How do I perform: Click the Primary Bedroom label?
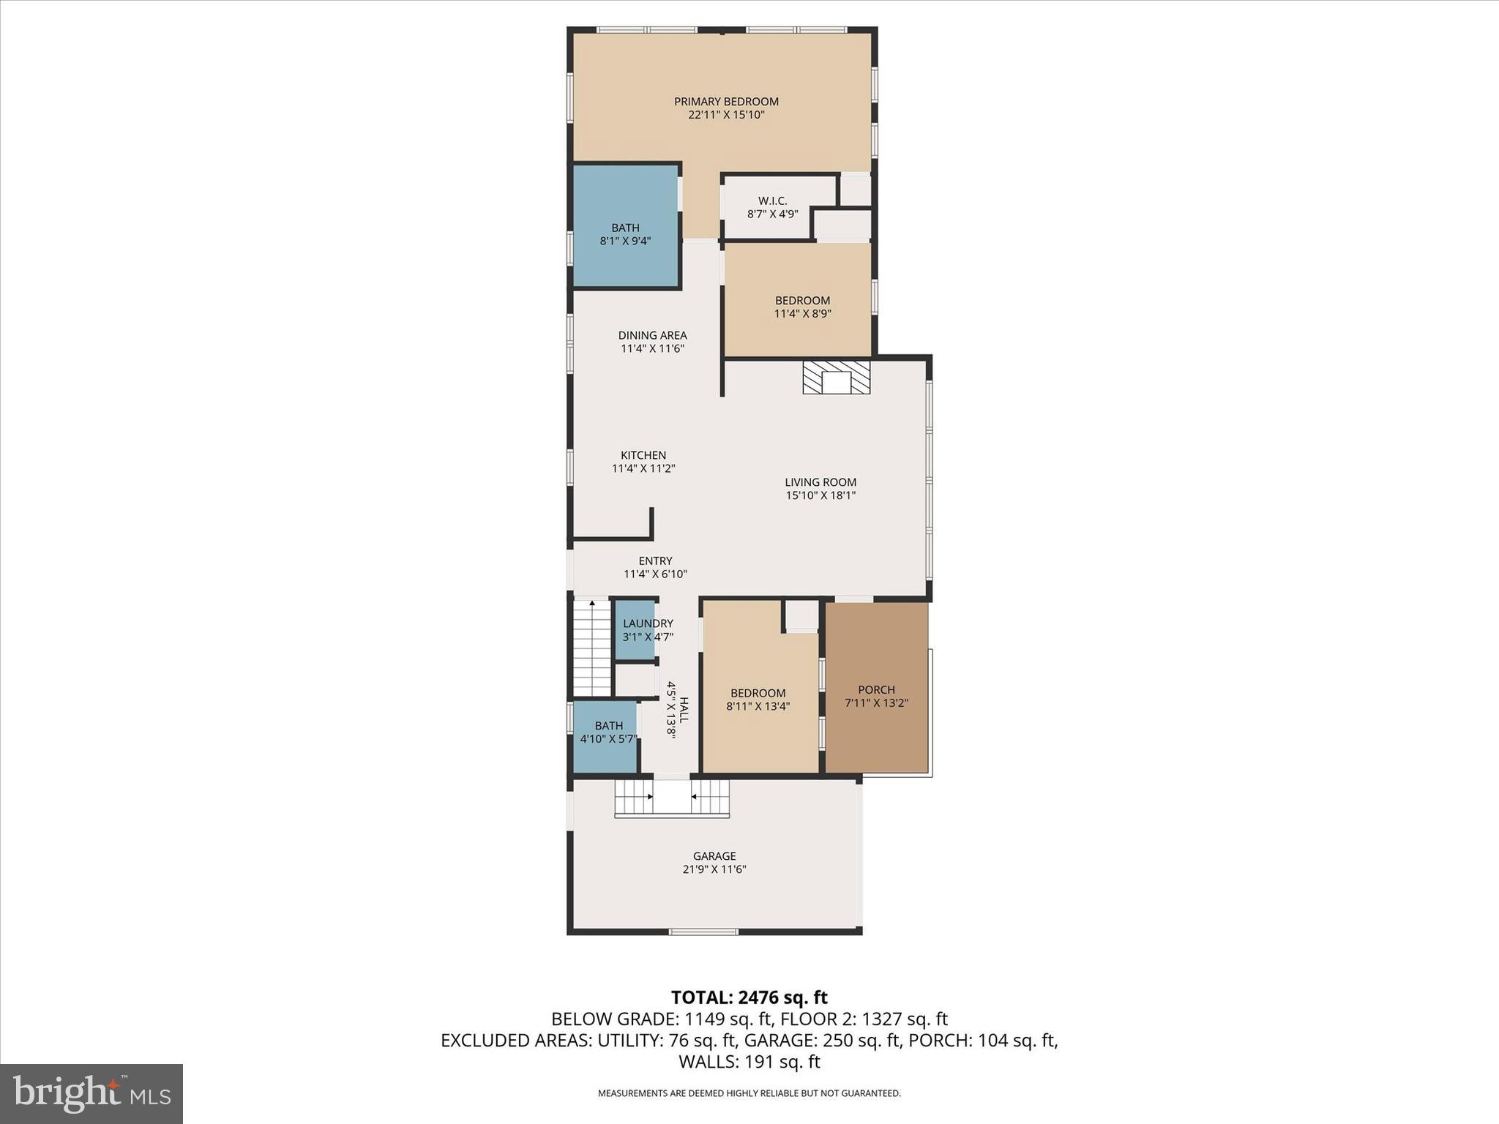click(726, 102)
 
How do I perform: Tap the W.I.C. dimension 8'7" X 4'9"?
click(772, 214)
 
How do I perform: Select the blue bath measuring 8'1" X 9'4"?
click(625, 227)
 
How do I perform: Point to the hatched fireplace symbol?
click(837, 377)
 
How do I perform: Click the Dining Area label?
click(652, 336)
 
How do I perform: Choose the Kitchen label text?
click(643, 455)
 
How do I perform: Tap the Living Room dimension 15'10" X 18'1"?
click(820, 495)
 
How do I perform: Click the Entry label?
click(655, 561)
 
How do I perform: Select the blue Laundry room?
click(635, 629)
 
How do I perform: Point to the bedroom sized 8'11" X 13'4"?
click(758, 700)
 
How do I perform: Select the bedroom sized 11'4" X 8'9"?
click(802, 307)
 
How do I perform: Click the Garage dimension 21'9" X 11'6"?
click(714, 869)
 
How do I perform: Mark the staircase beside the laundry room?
click(591, 648)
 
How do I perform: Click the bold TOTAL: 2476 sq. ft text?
click(749, 997)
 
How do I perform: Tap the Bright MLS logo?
click(91, 1093)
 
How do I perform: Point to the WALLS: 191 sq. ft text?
click(749, 1062)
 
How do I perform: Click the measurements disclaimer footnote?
click(749, 1093)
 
